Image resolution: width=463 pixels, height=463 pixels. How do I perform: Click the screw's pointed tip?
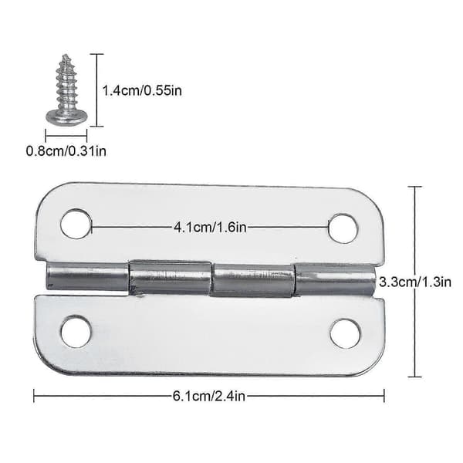click(x=66, y=56)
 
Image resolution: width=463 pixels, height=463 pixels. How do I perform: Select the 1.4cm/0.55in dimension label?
click(x=142, y=90)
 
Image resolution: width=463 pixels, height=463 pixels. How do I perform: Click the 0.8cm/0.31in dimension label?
click(x=66, y=151)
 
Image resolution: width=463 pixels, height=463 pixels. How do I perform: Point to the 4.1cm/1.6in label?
click(x=210, y=228)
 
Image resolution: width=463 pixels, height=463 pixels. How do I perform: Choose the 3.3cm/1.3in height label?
click(x=415, y=282)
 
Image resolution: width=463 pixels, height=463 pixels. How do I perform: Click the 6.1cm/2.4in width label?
click(x=209, y=396)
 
